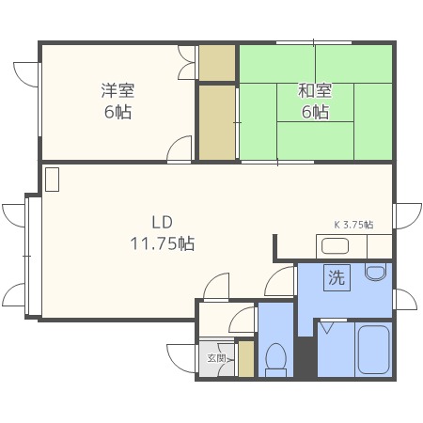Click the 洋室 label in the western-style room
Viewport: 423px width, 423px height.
[x=117, y=91]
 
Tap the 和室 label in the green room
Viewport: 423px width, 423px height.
[x=314, y=91]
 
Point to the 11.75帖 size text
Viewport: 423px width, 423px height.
[x=163, y=243]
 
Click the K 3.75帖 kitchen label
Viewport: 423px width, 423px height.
[x=353, y=225]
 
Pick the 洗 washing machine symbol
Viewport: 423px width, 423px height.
[x=336, y=278]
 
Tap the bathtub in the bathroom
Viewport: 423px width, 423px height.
[x=373, y=350]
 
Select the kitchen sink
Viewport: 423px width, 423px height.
[x=336, y=247]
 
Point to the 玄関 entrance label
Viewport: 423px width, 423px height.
[x=216, y=358]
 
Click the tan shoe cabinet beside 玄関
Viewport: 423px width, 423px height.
[x=246, y=359]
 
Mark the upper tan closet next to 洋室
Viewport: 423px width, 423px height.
[x=216, y=62]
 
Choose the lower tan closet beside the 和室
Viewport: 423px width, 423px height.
[x=216, y=122]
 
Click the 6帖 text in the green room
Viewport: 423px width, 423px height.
[x=314, y=112]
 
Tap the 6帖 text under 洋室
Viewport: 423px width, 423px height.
[x=117, y=112]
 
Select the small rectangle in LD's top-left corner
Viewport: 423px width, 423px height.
[x=52, y=180]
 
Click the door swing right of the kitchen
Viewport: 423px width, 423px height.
[x=406, y=216]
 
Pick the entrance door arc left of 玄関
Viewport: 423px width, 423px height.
[x=182, y=358]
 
